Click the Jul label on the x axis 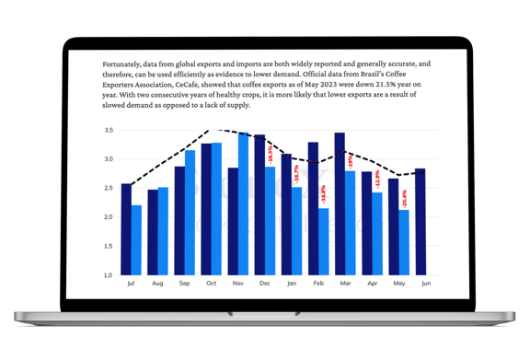click(131, 285)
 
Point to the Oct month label click(211, 285)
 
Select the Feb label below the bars click(318, 285)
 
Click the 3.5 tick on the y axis click(109, 131)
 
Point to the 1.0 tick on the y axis click(109, 275)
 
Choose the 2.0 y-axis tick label click(109, 217)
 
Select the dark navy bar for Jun click(420, 221)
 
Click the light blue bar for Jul click(136, 239)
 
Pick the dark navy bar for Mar click(340, 203)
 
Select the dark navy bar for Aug click(153, 232)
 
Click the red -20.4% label click(404, 196)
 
